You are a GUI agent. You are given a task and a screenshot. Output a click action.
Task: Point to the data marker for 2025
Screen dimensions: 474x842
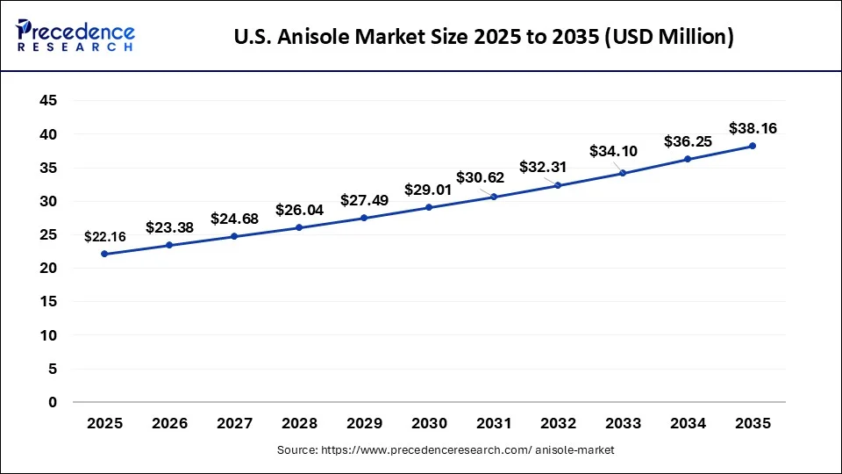click(x=104, y=254)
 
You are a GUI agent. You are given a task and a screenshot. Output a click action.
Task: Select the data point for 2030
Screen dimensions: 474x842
click(x=429, y=207)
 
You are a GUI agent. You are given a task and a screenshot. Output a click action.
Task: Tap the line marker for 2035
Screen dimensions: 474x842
click(x=753, y=146)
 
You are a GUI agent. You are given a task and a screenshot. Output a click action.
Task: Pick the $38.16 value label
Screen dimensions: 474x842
click(x=753, y=128)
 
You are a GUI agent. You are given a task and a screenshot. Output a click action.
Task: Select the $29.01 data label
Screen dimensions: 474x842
click(x=428, y=189)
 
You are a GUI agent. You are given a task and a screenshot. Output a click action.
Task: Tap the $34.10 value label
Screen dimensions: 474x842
click(x=613, y=151)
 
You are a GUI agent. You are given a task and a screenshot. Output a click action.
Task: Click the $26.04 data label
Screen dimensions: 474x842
click(x=299, y=210)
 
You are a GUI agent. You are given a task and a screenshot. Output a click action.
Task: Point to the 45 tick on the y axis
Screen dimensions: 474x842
click(x=49, y=101)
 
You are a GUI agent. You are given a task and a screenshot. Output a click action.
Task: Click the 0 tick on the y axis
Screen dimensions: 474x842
click(x=54, y=402)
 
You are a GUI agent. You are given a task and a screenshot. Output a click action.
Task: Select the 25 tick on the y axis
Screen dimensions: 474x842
click(x=49, y=234)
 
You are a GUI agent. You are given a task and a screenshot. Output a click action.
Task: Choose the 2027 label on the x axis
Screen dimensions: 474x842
click(x=234, y=423)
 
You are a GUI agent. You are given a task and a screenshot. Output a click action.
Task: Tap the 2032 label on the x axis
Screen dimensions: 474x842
click(x=558, y=423)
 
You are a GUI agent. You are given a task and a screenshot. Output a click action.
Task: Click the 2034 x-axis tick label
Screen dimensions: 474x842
click(x=688, y=423)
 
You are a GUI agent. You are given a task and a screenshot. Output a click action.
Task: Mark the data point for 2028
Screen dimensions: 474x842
click(x=299, y=227)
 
